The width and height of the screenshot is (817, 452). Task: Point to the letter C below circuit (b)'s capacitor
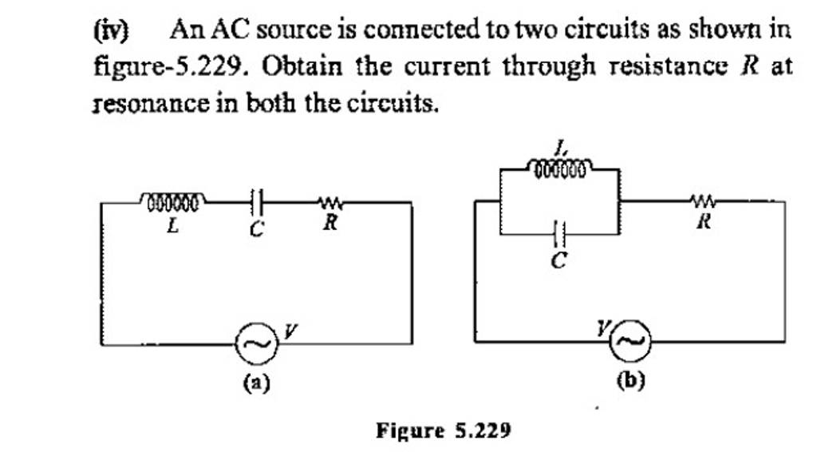[x=559, y=260]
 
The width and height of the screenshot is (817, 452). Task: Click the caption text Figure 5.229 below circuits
[x=443, y=431]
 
